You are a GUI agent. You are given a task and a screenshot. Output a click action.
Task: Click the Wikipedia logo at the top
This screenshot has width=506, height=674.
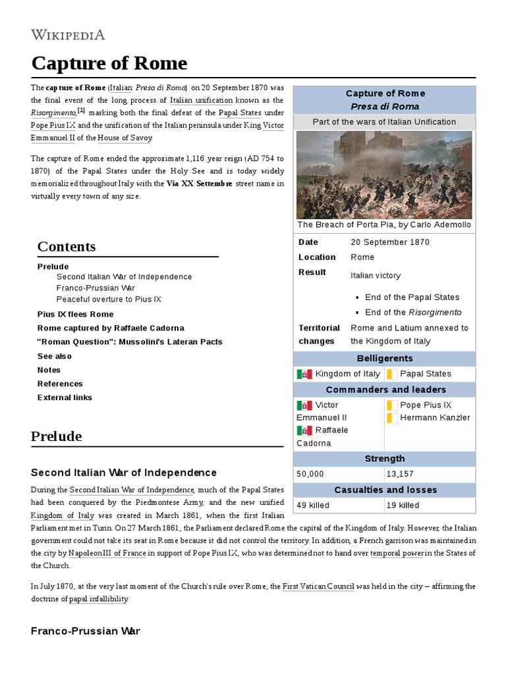(x=68, y=35)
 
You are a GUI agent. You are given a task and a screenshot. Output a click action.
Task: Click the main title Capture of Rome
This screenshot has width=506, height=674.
(x=109, y=64)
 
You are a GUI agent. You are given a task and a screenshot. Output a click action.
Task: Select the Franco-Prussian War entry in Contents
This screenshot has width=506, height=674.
(x=96, y=288)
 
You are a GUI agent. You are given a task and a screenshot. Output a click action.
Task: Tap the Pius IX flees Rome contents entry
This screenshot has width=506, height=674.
(x=75, y=314)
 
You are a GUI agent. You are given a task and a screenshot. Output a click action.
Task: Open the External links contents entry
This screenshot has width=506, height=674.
(x=65, y=398)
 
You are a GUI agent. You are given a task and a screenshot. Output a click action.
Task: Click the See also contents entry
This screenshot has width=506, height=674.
(x=55, y=356)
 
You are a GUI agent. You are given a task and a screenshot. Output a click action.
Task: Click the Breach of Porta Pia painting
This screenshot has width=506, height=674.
(x=384, y=174)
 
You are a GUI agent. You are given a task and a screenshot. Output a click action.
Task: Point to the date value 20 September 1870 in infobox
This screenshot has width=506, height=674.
(x=389, y=242)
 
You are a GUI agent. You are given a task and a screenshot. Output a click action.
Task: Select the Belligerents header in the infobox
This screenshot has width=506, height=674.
(x=385, y=359)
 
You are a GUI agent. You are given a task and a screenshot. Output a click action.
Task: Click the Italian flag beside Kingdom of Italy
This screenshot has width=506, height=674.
(x=304, y=374)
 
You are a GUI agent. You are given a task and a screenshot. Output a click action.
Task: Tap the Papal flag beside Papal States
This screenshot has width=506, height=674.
(x=391, y=374)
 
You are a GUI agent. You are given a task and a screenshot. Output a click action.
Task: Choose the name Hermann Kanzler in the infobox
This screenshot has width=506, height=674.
(x=435, y=417)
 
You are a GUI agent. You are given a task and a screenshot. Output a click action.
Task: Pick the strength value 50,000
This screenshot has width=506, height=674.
(x=310, y=474)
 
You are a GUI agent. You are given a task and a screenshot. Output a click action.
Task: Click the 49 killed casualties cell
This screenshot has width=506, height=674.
(x=313, y=505)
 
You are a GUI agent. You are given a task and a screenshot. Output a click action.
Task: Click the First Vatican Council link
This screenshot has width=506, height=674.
(x=318, y=586)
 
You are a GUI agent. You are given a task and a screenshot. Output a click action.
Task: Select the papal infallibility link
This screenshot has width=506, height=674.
(x=99, y=599)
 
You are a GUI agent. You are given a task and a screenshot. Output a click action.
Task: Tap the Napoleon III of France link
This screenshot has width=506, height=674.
(x=106, y=554)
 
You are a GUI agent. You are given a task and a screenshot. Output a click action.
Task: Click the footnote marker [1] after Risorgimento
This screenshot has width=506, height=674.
(x=81, y=110)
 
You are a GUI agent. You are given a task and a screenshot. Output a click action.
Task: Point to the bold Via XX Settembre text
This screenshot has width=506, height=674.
(x=199, y=184)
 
